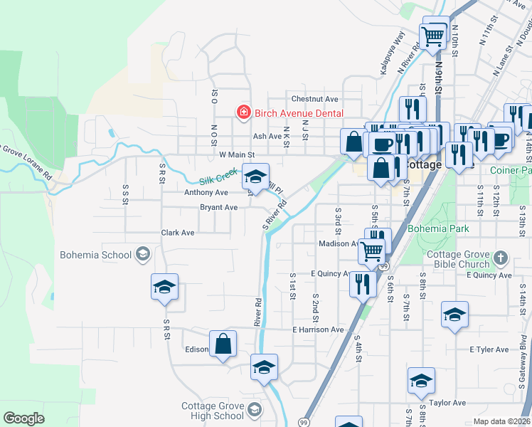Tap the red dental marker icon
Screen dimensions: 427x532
(243, 113)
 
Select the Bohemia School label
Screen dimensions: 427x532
(96, 255)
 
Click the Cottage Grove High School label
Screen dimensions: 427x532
(212, 411)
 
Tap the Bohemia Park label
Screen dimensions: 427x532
(439, 229)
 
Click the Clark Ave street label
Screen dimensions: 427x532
(178, 233)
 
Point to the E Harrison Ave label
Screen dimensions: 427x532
(318, 330)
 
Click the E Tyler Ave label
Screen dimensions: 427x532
(489, 349)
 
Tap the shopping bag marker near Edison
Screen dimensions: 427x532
(223, 344)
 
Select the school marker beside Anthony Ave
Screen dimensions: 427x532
(255, 176)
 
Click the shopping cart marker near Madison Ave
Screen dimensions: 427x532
(371, 251)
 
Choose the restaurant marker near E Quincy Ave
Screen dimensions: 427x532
(363, 284)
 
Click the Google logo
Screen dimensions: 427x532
(23, 418)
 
